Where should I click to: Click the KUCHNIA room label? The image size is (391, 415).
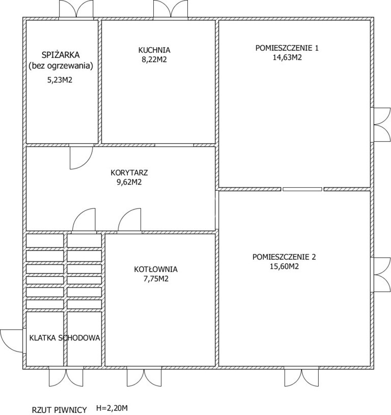154,50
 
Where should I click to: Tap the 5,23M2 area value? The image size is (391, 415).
60,80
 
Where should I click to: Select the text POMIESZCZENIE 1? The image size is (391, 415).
287,48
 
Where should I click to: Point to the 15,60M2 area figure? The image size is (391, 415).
284,266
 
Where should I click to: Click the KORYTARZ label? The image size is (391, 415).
129,173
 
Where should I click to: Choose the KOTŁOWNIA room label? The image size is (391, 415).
156,269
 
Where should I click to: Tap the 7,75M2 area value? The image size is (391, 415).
156,279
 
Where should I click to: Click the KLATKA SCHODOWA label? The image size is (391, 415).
65,338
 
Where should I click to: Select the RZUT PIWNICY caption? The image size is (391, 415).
60,410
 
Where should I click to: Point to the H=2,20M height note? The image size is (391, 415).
112,408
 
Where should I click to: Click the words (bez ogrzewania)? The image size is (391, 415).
61,66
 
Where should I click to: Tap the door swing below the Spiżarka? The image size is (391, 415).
81,158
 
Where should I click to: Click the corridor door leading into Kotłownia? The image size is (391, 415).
130,220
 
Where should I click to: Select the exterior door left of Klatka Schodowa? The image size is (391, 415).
12,341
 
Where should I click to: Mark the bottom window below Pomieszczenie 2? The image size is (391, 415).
301,377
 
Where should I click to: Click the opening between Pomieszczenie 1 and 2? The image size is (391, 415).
302,189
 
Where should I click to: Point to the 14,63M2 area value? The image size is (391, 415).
287,57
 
